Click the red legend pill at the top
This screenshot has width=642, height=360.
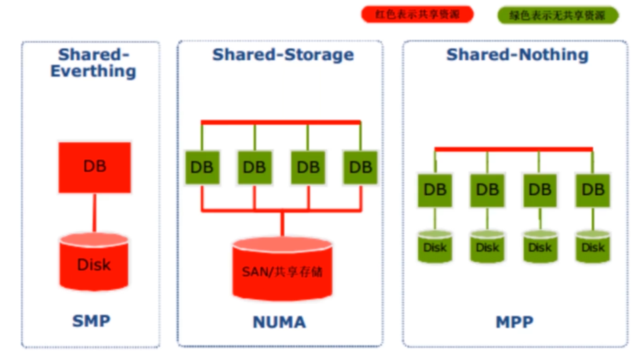[417, 14]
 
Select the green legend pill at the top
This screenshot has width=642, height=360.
[558, 16]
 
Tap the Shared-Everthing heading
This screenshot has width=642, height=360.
[94, 62]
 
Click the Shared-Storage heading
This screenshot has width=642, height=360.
[283, 55]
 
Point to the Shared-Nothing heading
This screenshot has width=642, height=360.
[517, 55]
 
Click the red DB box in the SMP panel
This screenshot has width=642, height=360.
[95, 167]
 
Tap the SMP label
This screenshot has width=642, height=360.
[92, 321]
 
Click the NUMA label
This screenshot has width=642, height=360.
[279, 322]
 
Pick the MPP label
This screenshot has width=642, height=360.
[515, 322]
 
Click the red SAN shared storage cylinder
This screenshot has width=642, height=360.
[282, 268]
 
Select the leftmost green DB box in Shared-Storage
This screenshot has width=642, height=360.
[202, 167]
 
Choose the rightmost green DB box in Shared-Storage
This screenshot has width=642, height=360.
[360, 167]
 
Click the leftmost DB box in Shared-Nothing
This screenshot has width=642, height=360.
[435, 190]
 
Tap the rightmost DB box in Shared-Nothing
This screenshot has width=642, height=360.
[593, 190]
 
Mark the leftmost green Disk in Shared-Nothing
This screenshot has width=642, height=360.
[435, 247]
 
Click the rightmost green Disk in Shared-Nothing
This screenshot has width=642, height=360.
[593, 247]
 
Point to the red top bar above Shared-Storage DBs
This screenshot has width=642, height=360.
[281, 122]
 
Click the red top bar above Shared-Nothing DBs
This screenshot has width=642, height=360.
[513, 149]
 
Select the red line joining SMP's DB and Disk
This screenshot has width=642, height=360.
[95, 213]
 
